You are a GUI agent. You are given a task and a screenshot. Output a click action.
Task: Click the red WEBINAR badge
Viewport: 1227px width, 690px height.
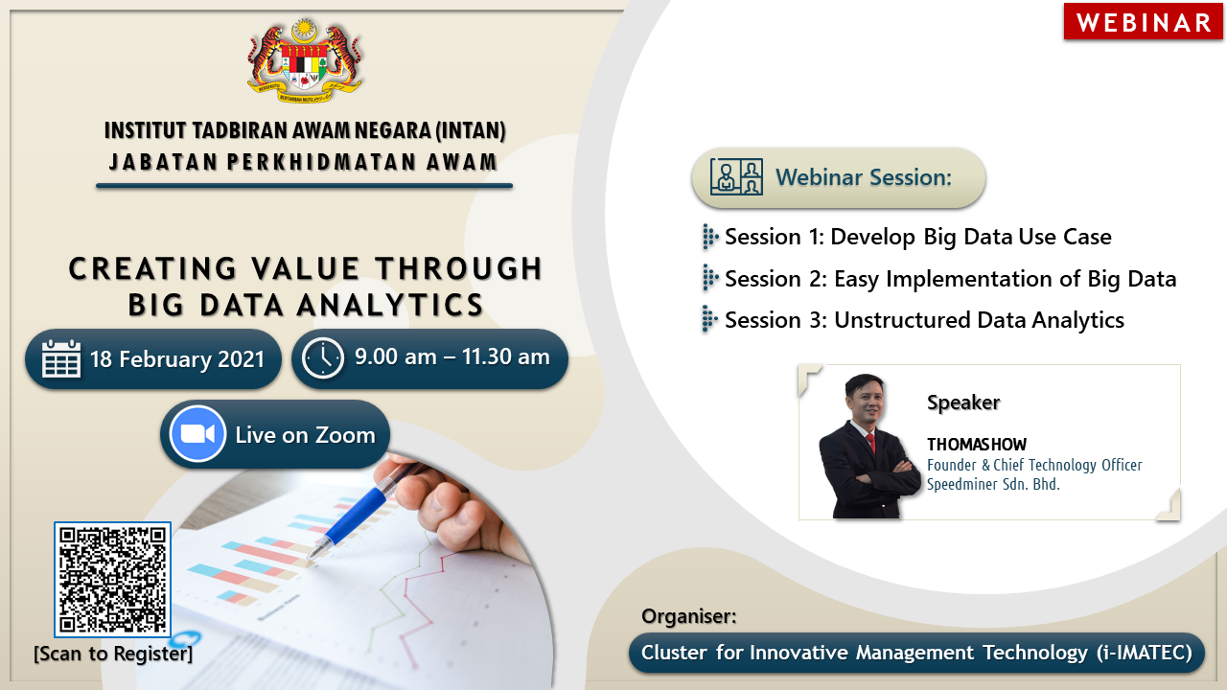click(x=1143, y=22)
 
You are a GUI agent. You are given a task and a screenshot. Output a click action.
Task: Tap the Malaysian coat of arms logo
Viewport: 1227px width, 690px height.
click(x=305, y=60)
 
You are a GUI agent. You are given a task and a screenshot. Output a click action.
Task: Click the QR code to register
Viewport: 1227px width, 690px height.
click(x=112, y=580)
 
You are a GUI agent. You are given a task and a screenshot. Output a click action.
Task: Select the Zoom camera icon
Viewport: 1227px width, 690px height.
click(x=197, y=434)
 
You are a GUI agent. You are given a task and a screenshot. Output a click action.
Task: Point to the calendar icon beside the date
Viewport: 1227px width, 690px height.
click(x=61, y=358)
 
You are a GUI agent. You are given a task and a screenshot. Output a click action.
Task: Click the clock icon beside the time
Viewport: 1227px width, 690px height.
click(x=323, y=358)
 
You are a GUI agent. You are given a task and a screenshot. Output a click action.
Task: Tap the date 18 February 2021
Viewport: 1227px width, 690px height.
click(x=177, y=359)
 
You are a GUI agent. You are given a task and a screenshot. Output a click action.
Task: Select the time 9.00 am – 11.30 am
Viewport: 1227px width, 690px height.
click(x=451, y=357)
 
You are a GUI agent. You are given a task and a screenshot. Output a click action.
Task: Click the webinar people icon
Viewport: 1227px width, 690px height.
click(x=736, y=177)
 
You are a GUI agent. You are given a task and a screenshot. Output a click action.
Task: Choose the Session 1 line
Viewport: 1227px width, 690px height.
click(x=917, y=237)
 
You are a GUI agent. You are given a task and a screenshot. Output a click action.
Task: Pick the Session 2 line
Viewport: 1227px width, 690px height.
click(x=950, y=279)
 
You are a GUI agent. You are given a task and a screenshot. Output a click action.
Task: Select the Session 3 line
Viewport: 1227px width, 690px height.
click(x=924, y=320)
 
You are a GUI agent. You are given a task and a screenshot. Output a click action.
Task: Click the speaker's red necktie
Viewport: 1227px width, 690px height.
click(x=870, y=443)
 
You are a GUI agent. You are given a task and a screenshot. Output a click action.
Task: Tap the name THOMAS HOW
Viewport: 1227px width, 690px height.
click(x=977, y=444)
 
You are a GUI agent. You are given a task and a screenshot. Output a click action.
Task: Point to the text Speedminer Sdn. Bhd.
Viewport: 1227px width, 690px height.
click(x=993, y=484)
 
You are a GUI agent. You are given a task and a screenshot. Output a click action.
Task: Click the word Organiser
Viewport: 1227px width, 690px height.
click(x=687, y=616)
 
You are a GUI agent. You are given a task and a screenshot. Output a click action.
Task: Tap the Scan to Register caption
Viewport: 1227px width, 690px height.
click(x=113, y=654)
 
